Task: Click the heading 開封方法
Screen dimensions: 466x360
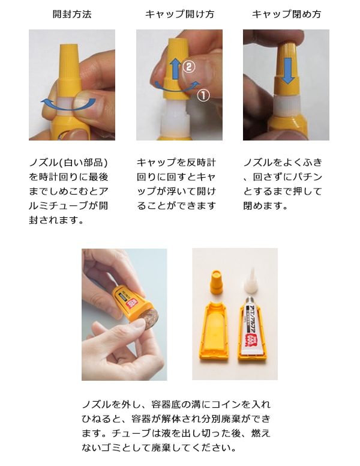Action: click(71, 14)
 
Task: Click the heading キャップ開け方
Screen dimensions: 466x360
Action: click(179, 14)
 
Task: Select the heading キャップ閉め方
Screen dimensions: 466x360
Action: click(286, 14)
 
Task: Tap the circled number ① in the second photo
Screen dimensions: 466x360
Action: click(203, 95)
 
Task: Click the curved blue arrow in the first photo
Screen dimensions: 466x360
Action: click(67, 103)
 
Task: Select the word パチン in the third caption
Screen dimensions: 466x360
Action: click(308, 177)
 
